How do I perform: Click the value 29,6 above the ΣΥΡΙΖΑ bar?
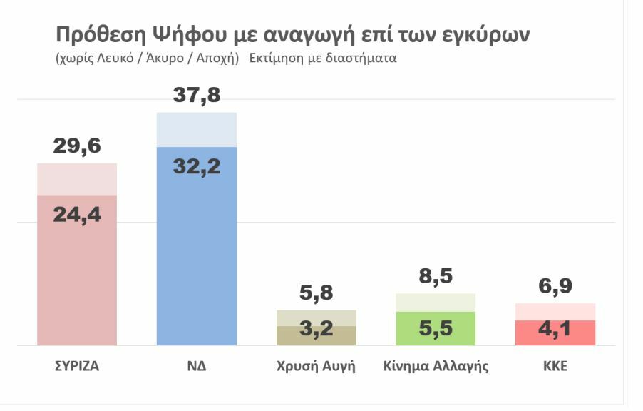(x=77, y=146)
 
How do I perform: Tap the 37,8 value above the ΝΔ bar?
(x=197, y=95)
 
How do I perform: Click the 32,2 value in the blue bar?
(x=197, y=166)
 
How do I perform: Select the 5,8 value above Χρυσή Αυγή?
(x=317, y=292)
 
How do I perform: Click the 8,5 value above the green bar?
(x=436, y=275)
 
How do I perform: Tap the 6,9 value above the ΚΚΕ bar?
(x=555, y=285)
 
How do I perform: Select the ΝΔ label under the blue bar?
(x=197, y=367)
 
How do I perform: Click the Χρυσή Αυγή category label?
(x=316, y=367)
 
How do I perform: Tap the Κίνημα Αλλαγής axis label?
(x=436, y=367)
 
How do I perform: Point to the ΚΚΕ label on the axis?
(x=555, y=367)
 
